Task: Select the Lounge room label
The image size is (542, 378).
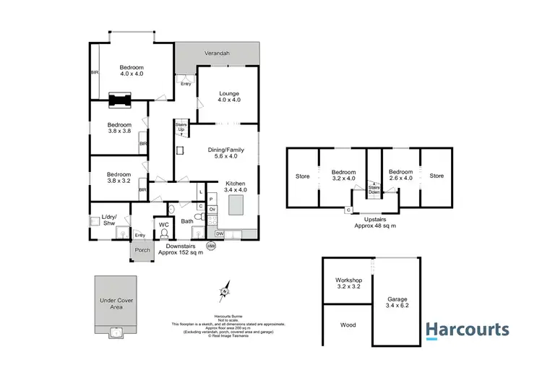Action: [229, 97]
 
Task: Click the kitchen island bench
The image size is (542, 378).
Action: [236, 207]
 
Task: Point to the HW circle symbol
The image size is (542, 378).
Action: [211, 246]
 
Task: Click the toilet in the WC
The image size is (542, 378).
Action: [163, 233]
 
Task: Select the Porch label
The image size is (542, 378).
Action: [142, 252]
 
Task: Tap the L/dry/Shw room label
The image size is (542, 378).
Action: [110, 220]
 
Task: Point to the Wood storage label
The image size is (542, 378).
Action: [348, 325]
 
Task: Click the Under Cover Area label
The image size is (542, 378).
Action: [116, 303]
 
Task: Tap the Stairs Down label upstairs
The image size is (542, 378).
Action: [374, 189]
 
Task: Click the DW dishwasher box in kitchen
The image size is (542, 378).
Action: [219, 234]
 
